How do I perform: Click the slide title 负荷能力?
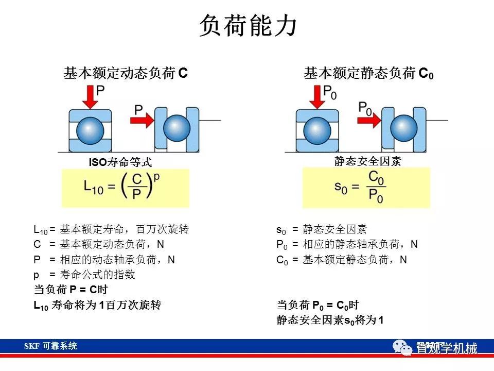tap(248, 25)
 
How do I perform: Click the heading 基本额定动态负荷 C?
tap(126, 73)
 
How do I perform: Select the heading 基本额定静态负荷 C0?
tap(368, 73)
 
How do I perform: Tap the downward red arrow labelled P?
tap(90, 97)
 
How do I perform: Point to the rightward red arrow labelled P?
tap(142, 120)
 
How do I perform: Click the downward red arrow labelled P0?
tap(317, 97)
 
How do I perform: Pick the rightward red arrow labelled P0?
tap(369, 120)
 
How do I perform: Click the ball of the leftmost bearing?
tap(90, 130)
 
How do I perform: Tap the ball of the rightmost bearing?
tap(403, 128)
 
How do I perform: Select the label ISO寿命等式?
tap(120, 162)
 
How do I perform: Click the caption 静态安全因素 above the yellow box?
tap(367, 161)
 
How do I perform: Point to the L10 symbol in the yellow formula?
tap(93, 187)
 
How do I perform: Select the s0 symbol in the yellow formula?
tap(341, 188)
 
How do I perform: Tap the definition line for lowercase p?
tap(84, 275)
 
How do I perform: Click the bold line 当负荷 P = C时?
tap(70, 289)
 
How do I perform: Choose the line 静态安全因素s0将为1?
tap(330, 320)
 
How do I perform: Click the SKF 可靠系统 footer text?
tap(50, 346)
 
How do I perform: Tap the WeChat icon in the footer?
tap(402, 347)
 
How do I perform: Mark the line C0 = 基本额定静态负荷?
tap(342, 260)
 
